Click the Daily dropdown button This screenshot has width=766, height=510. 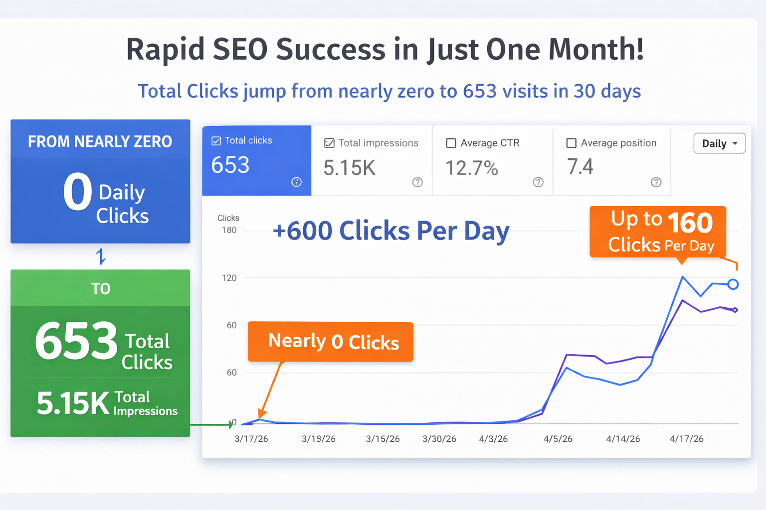(719, 143)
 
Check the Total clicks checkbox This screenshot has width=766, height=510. (216, 141)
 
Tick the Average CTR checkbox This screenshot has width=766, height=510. (451, 143)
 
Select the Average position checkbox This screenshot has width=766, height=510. (572, 143)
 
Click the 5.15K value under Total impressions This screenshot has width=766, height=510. (349, 168)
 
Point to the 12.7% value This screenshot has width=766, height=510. (471, 168)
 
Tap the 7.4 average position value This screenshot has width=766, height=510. (580, 167)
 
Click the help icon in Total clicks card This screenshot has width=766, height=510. (296, 182)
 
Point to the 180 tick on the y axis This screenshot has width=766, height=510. (229, 230)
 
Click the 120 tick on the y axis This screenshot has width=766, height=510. (229, 278)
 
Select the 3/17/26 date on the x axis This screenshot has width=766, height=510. (251, 439)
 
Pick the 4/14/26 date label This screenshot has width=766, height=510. (623, 439)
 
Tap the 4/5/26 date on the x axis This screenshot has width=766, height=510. (558, 439)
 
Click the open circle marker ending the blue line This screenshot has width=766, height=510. (733, 284)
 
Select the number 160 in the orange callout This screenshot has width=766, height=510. (690, 223)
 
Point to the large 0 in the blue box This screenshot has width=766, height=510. (78, 192)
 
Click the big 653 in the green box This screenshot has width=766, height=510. (76, 341)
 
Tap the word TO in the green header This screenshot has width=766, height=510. (100, 289)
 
